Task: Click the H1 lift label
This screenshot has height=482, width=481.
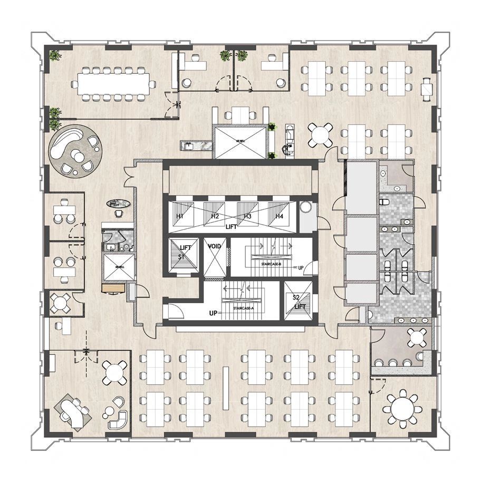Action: [180, 217]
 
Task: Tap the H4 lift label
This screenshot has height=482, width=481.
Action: [279, 217]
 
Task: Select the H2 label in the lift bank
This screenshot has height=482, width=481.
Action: [215, 217]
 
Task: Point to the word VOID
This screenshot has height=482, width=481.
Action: [214, 247]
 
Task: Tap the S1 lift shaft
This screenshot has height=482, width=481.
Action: [183, 256]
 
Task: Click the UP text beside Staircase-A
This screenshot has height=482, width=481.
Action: [213, 314]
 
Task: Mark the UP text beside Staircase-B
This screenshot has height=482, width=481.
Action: [301, 268]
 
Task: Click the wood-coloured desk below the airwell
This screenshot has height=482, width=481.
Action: [113, 288]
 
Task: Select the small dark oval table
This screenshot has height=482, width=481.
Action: [117, 203]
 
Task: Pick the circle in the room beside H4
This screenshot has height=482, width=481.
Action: [306, 208]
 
